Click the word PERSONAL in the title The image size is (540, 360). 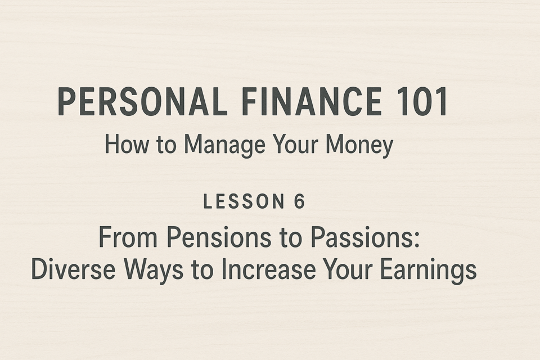point(142,101)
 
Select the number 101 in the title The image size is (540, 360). point(422,101)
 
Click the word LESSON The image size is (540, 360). point(244,201)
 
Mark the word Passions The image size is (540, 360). point(360,237)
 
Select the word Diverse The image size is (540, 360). point(73,269)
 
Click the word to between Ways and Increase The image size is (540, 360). point(202,270)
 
